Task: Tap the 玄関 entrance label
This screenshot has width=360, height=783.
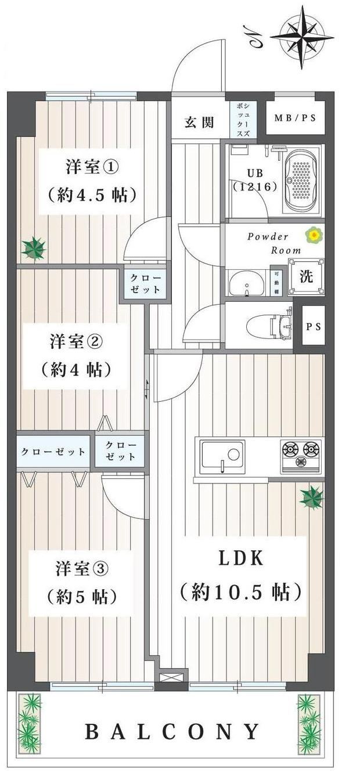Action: pos(199,122)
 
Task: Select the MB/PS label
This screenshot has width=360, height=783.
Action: pos(295,118)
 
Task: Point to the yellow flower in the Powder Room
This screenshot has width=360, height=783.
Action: pos(314,235)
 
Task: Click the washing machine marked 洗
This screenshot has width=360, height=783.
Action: pos(306,276)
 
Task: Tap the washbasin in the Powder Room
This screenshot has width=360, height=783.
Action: pos(247,283)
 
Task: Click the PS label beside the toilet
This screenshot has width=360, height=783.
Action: pos(314,326)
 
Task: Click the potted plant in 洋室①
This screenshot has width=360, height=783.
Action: pos(34,248)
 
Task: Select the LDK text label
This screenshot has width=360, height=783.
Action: pos(241,558)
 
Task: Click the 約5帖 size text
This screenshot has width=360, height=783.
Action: pos(81,597)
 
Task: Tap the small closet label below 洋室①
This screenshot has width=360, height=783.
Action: pos(145,283)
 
